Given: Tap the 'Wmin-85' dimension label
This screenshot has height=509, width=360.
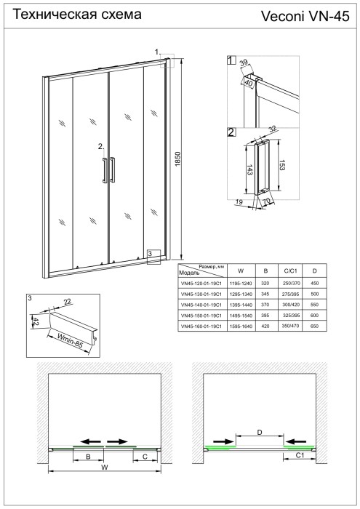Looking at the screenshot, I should tap(73, 340).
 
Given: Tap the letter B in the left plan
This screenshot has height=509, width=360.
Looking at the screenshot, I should tap(88, 457).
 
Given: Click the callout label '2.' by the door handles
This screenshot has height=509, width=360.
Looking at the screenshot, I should tap(102, 146).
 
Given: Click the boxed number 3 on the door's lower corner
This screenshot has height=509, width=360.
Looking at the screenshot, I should tap(149, 253).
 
